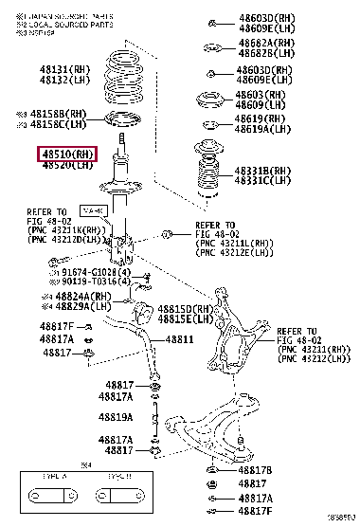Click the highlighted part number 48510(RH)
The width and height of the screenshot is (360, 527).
click(67, 154)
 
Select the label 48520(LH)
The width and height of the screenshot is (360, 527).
click(67, 166)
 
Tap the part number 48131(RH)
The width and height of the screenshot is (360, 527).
click(68, 69)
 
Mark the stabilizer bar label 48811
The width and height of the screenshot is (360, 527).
click(180, 339)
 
